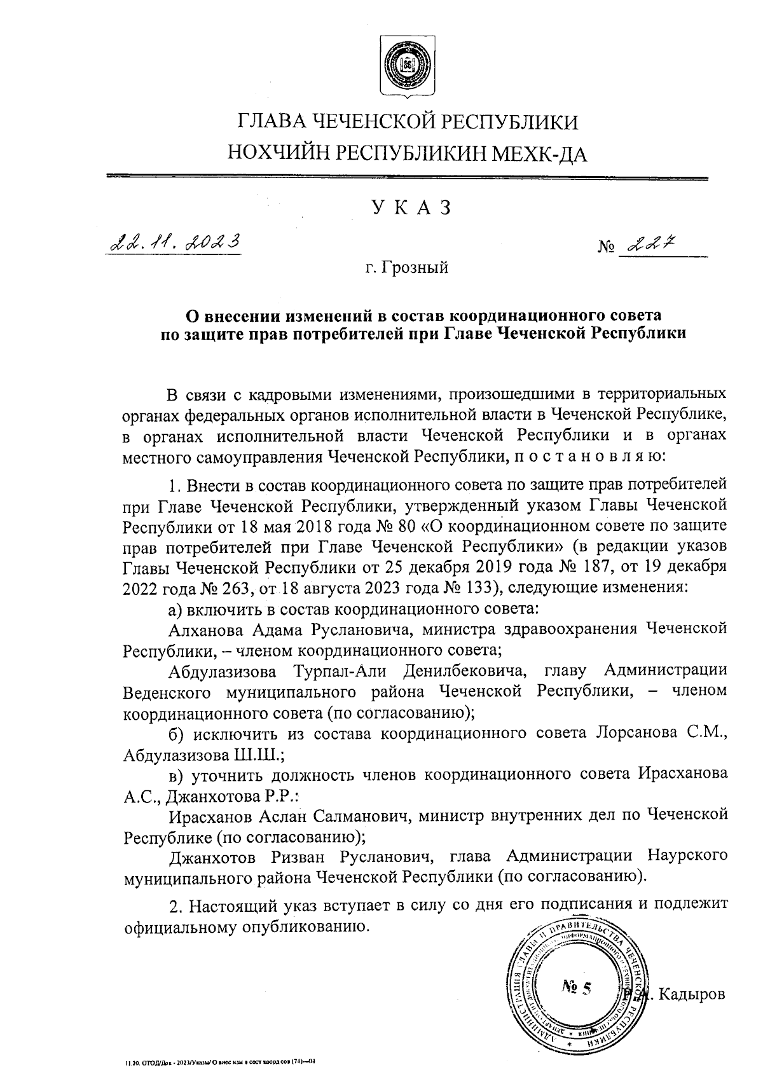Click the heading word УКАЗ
[408, 208]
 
